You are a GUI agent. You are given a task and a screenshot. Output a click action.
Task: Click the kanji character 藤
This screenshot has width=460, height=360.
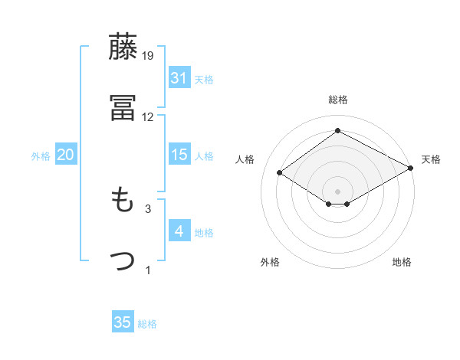tap(123, 47)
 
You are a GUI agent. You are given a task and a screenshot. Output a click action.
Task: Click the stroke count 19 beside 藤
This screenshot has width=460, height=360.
tap(149, 56)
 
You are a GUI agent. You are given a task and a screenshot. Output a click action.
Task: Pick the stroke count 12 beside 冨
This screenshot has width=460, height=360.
tap(148, 117)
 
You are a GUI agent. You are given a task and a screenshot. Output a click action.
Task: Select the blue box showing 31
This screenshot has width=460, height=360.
tap(179, 78)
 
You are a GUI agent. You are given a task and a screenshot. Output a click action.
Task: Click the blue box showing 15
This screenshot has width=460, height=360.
tap(179, 155)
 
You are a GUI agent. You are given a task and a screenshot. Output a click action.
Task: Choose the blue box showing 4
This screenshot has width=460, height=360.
tap(179, 231)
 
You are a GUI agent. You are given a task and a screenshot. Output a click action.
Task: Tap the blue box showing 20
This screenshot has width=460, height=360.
tap(65, 155)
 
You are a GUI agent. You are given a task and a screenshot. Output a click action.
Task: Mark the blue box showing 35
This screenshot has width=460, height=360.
tap(123, 322)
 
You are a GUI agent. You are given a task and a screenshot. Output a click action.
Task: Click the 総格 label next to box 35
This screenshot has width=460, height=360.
tap(147, 323)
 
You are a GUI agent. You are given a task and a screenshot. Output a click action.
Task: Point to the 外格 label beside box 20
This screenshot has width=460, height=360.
tap(41, 155)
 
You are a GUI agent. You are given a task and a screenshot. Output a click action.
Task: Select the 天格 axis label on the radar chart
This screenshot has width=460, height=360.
tap(431, 159)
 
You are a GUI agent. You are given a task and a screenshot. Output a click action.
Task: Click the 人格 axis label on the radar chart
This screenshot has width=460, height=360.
tap(245, 159)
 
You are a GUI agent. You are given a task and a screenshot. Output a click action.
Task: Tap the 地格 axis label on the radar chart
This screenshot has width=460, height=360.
tap(402, 262)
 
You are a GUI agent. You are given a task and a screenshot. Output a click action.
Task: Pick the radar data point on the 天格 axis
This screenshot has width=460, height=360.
tap(412, 169)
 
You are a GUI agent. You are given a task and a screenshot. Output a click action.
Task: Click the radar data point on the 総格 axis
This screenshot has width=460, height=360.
tap(337, 131)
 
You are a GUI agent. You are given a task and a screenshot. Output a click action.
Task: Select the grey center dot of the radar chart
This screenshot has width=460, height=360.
tap(337, 191)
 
